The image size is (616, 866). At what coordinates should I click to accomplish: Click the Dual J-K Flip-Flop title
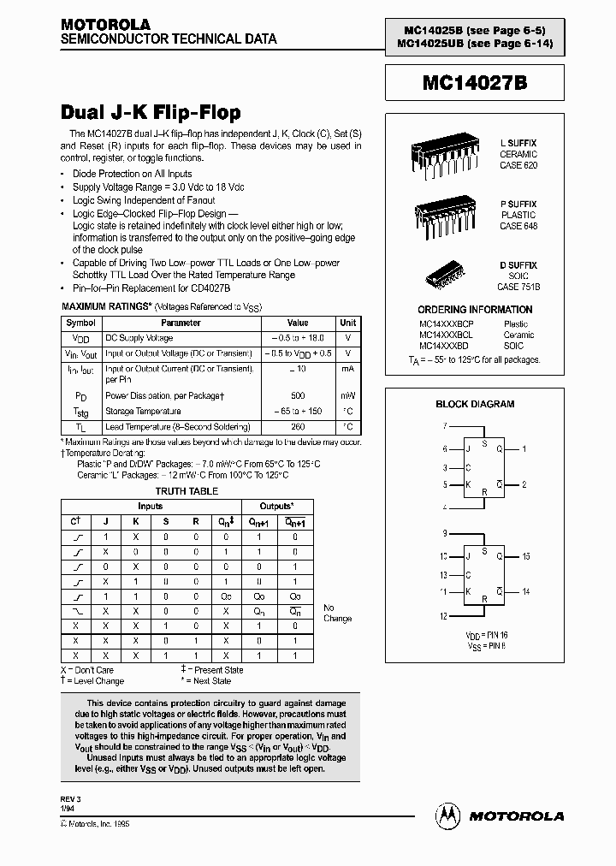pos(151,113)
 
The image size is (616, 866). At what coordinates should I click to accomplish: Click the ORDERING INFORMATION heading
pos(475,310)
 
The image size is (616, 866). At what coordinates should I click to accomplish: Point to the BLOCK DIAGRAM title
pos(475,404)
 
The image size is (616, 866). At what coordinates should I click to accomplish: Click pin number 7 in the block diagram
pos(445,425)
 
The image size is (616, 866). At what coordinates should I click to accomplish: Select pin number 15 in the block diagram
pos(526,556)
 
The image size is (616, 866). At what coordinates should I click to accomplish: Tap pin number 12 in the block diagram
pos(444,616)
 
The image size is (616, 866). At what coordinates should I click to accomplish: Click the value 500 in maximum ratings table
pos(298,396)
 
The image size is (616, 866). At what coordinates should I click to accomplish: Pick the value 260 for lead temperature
pos(298,426)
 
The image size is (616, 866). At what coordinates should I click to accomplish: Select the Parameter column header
pos(181,323)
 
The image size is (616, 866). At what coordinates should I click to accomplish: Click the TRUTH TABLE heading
pos(186,491)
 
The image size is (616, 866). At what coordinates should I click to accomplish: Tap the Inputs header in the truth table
pos(150,507)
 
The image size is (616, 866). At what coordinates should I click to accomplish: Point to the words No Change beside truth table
pos(337,613)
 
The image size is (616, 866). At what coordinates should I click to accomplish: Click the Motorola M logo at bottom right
pos(447,816)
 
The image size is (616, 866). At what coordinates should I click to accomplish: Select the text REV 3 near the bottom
pos(72,798)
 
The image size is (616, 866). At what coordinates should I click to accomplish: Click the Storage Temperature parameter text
pos(143,412)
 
